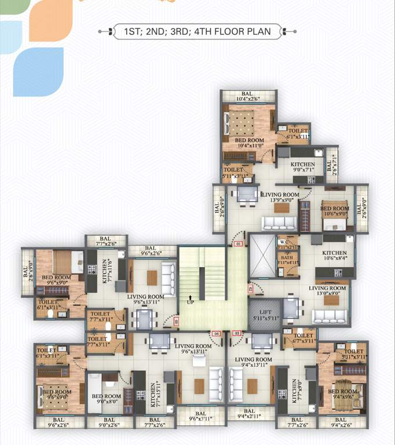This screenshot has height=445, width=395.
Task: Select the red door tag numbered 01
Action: click(237, 244)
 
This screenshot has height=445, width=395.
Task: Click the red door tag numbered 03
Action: click(236, 333)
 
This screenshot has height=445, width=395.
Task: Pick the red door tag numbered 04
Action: click(217, 333)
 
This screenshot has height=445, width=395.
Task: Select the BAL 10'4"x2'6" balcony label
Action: click(247, 97)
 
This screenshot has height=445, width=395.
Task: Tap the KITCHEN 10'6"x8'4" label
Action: click(334, 256)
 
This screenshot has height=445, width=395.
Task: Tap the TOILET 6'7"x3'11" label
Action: click(303, 338)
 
